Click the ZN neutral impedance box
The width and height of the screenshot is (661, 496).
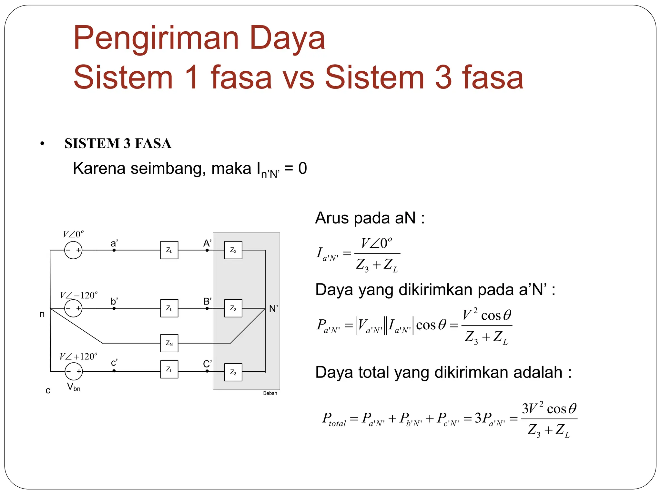pos(169,343)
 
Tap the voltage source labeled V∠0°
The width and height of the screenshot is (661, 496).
pos(73,250)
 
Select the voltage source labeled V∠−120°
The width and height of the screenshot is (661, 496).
pos(73,308)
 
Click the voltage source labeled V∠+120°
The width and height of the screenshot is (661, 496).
pos(74,371)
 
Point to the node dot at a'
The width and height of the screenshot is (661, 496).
pos(114,250)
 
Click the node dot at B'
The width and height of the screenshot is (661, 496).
pos(207,308)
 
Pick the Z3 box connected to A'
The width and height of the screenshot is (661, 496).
pos(233,250)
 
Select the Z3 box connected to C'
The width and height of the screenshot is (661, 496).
pos(233,372)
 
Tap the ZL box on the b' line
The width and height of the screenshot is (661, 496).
pos(169,308)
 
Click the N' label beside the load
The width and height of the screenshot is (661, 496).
pos(273,309)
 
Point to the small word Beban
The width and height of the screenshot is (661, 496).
pos(270,393)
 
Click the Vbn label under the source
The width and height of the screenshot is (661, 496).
pos(74,387)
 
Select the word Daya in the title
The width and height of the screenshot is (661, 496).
pos(287,39)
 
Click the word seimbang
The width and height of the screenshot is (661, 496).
pos(168,169)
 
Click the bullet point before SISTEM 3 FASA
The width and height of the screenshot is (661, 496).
pos(42,144)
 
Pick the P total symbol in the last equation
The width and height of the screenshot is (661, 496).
pos(333,419)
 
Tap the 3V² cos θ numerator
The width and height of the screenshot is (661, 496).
pos(549,408)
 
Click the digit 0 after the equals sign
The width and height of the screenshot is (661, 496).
pos(302,168)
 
